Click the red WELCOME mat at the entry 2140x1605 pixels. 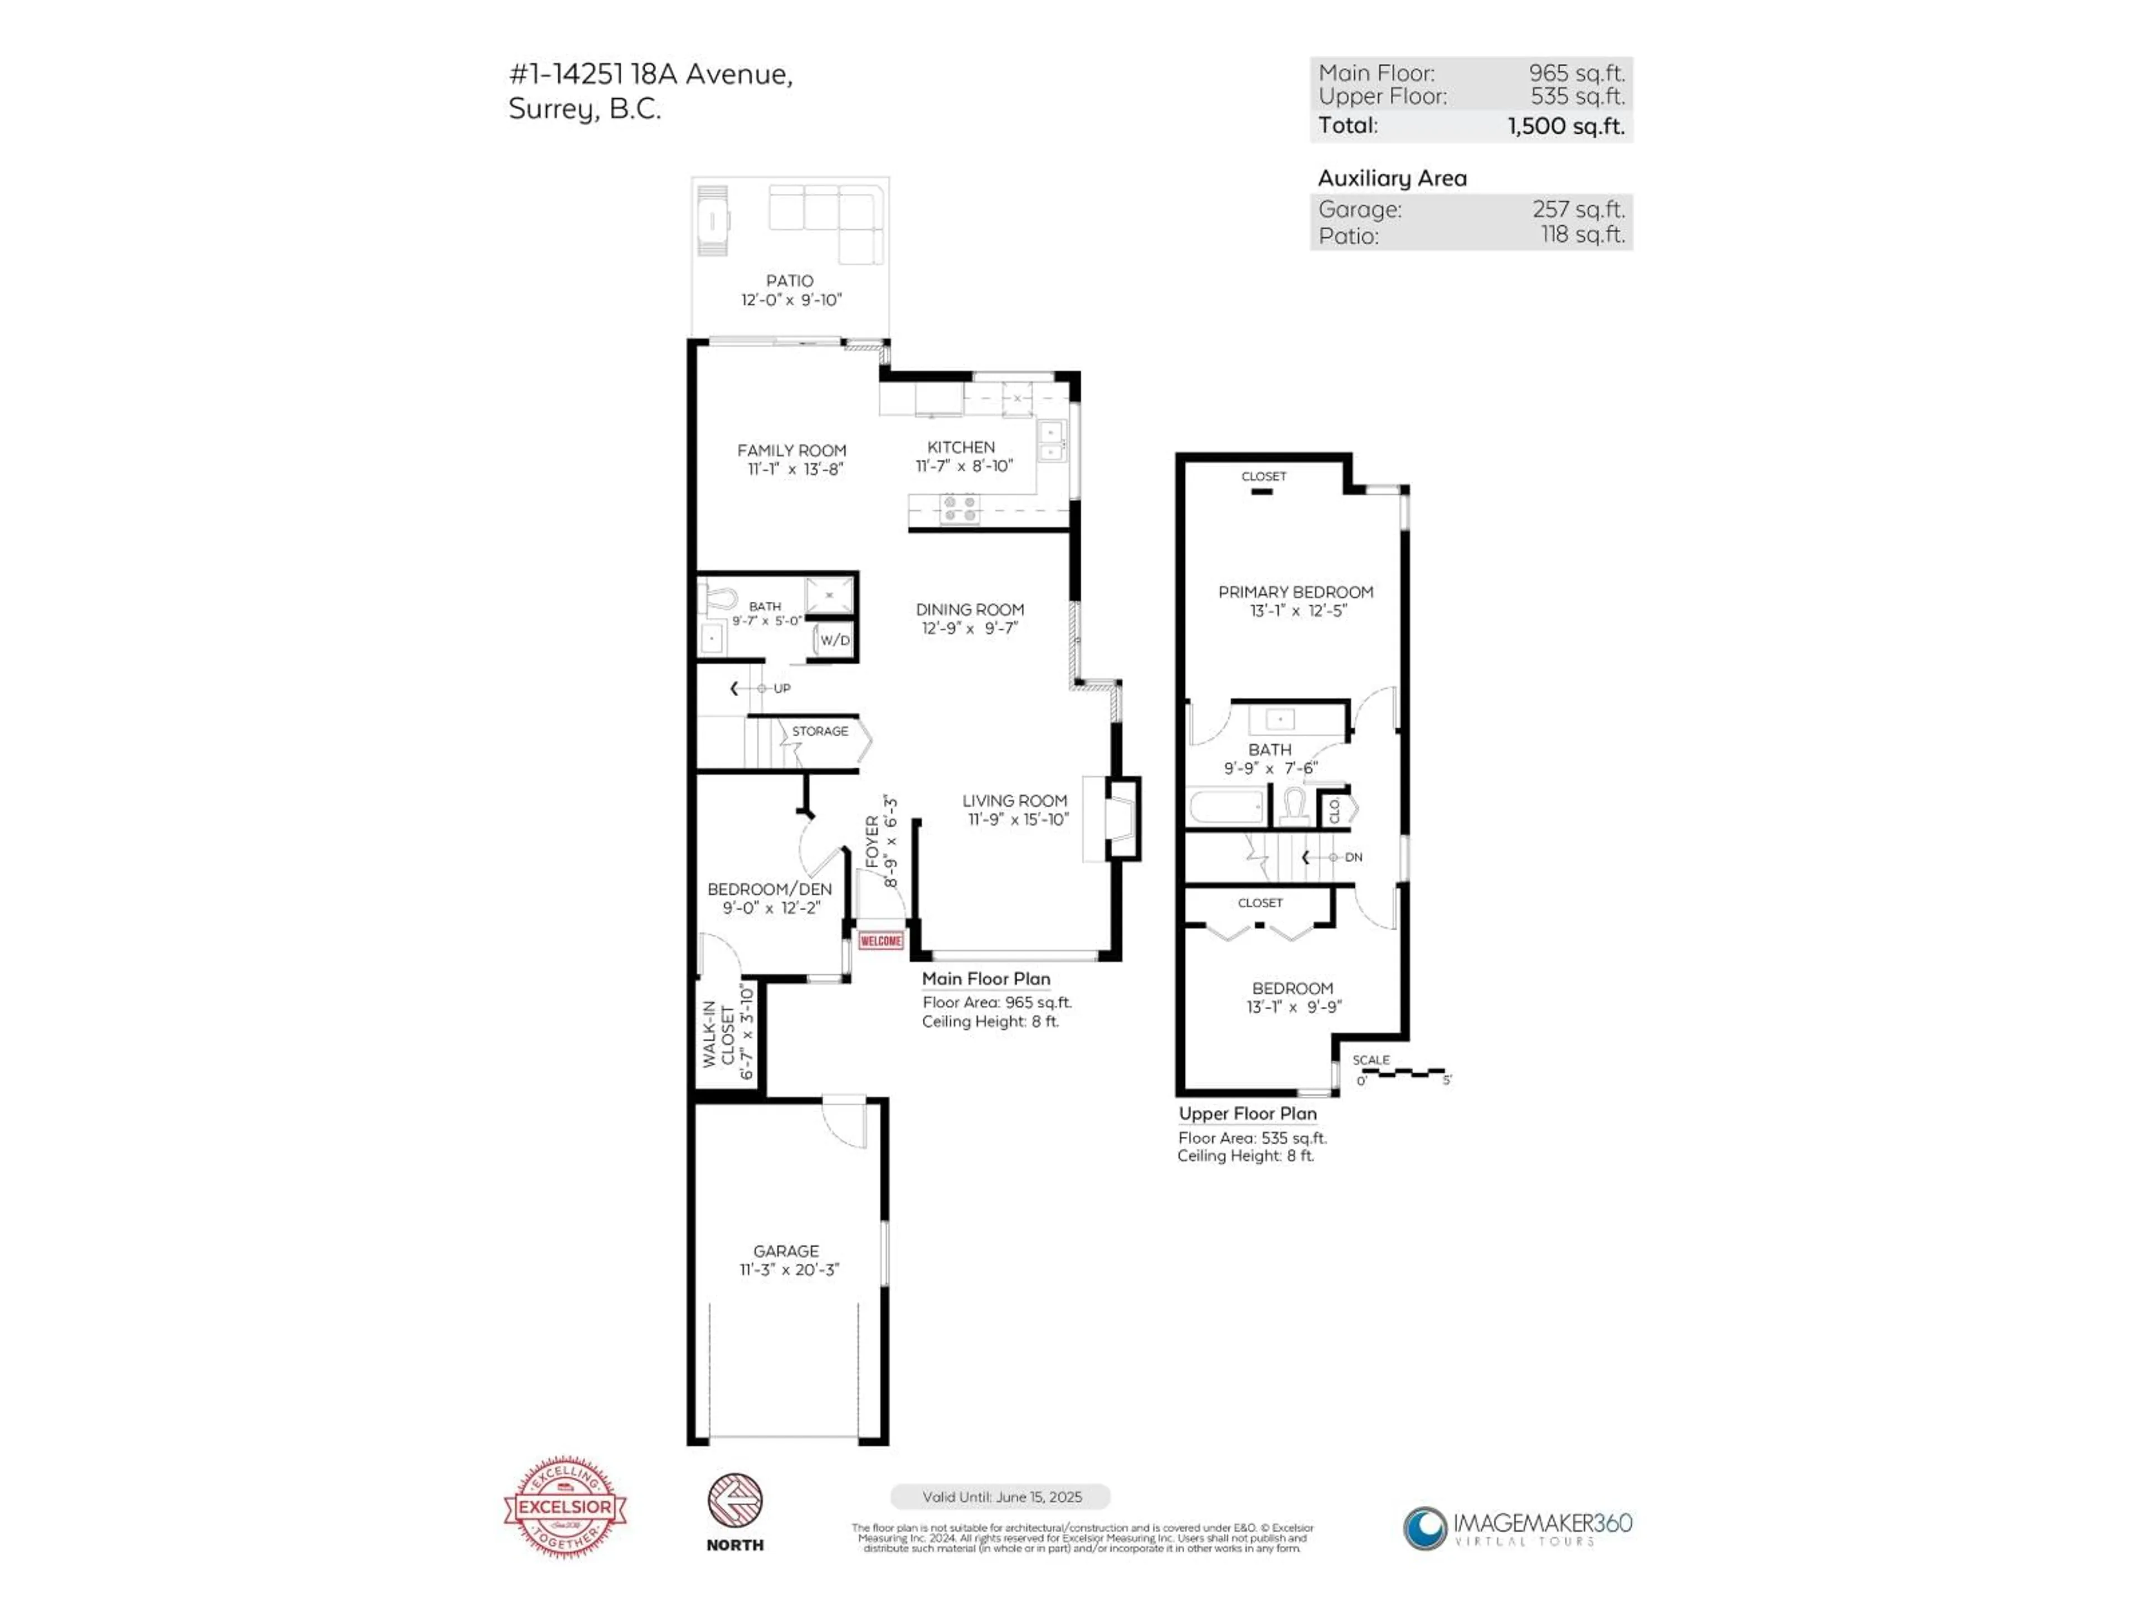point(881,940)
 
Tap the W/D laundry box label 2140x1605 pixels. point(835,640)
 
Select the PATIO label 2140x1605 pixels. point(790,280)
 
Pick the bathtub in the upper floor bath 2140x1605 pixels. point(1225,806)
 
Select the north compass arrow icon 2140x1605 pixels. point(735,1501)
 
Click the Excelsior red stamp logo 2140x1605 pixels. point(565,1506)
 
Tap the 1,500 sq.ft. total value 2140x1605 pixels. point(1565,126)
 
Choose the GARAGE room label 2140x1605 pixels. point(786,1251)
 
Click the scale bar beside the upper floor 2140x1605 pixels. point(1403,1073)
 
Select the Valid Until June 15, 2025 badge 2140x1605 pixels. point(1000,1497)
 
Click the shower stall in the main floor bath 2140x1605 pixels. point(829,595)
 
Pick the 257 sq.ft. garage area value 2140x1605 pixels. point(1578,209)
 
